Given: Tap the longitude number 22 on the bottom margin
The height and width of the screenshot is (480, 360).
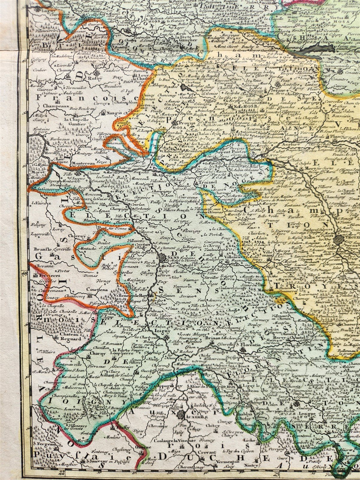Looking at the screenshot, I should (62, 473).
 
